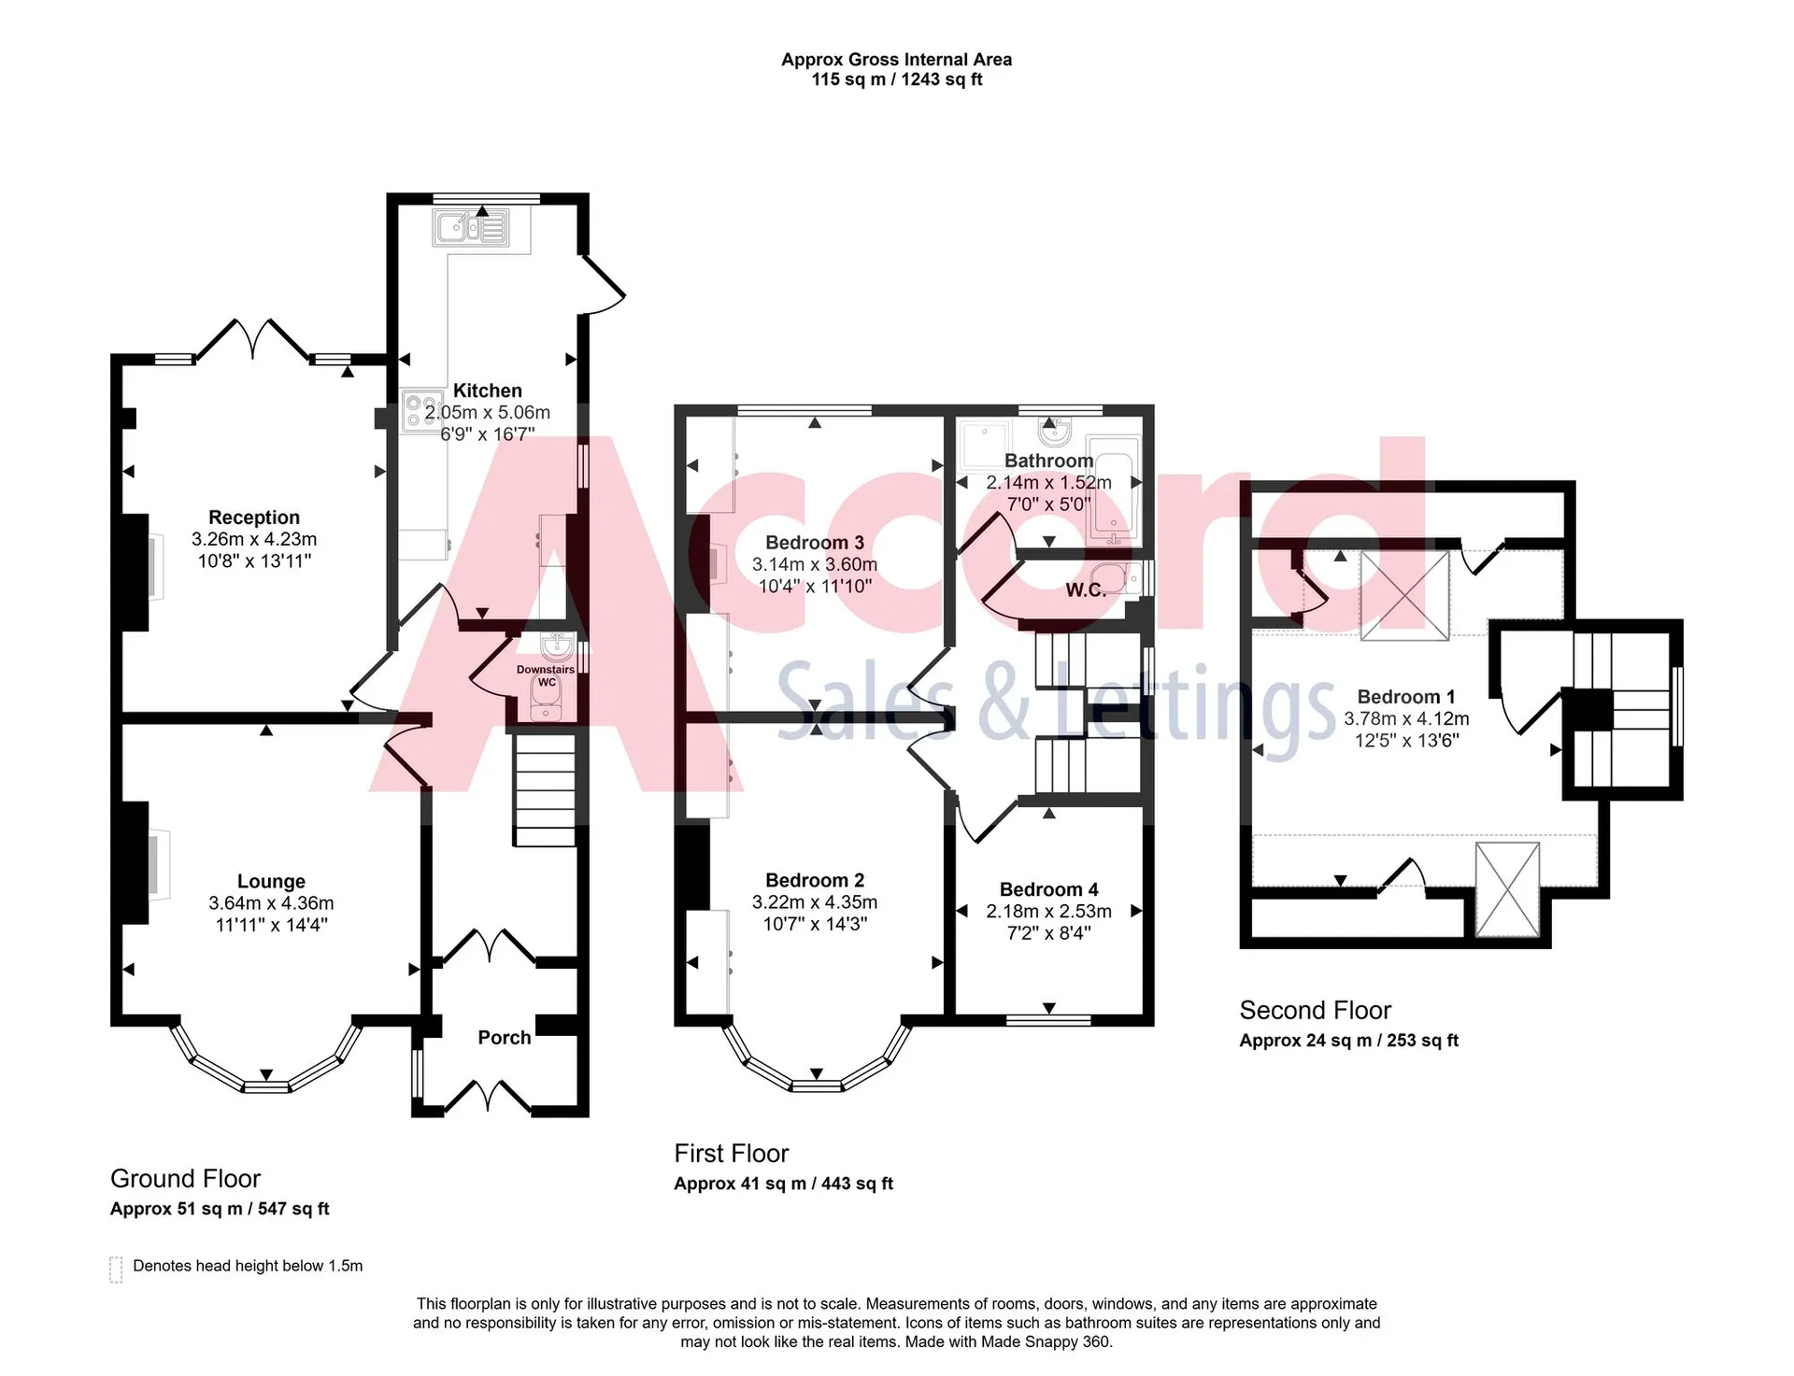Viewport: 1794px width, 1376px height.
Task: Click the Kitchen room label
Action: click(x=487, y=390)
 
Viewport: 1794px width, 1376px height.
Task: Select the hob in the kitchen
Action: click(x=422, y=411)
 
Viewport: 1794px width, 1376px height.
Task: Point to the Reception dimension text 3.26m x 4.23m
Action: click(x=254, y=539)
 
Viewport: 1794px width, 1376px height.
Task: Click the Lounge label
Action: click(x=271, y=881)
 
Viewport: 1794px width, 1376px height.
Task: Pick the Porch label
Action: click(x=505, y=1037)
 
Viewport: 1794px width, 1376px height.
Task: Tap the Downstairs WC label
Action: click(x=546, y=675)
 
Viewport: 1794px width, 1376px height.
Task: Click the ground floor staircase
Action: click(x=544, y=790)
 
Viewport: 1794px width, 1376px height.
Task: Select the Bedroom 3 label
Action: click(x=815, y=543)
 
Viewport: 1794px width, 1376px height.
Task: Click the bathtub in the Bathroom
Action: click(x=1116, y=491)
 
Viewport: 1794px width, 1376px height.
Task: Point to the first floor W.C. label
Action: click(x=1086, y=590)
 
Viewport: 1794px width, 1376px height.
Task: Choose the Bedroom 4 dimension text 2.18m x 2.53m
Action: click(x=1049, y=911)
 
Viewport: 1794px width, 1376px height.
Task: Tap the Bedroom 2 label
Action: click(x=815, y=880)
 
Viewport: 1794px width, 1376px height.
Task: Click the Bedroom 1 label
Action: click(x=1406, y=697)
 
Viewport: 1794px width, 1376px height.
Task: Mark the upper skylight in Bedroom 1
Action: click(x=1404, y=596)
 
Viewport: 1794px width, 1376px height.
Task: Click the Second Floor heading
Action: click(x=1315, y=1010)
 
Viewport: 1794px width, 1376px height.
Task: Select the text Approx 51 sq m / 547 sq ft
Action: click(x=220, y=1209)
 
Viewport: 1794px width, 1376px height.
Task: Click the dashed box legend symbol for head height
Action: click(x=116, y=1270)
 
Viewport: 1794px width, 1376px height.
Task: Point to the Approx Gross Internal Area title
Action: click(x=897, y=60)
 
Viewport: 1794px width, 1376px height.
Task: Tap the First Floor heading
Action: click(x=732, y=1154)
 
